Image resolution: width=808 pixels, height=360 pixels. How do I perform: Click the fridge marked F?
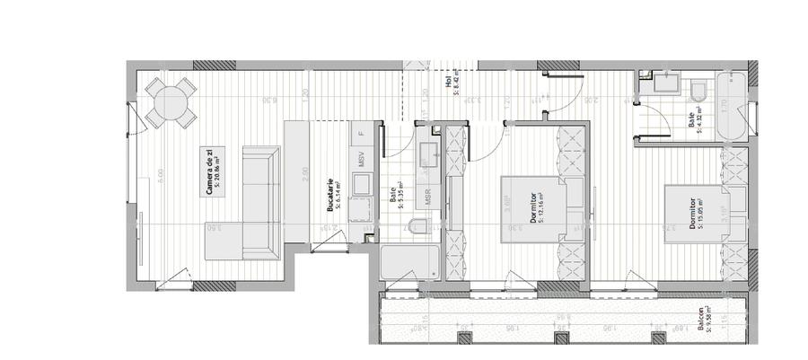[x=361, y=133]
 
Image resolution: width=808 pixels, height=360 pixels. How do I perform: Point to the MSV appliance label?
[x=361, y=160]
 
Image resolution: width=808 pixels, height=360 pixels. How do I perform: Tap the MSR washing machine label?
[x=428, y=198]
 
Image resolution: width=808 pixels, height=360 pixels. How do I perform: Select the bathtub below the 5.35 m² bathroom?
[x=409, y=264]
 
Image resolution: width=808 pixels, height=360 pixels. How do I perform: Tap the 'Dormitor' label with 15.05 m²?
[x=694, y=213]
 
